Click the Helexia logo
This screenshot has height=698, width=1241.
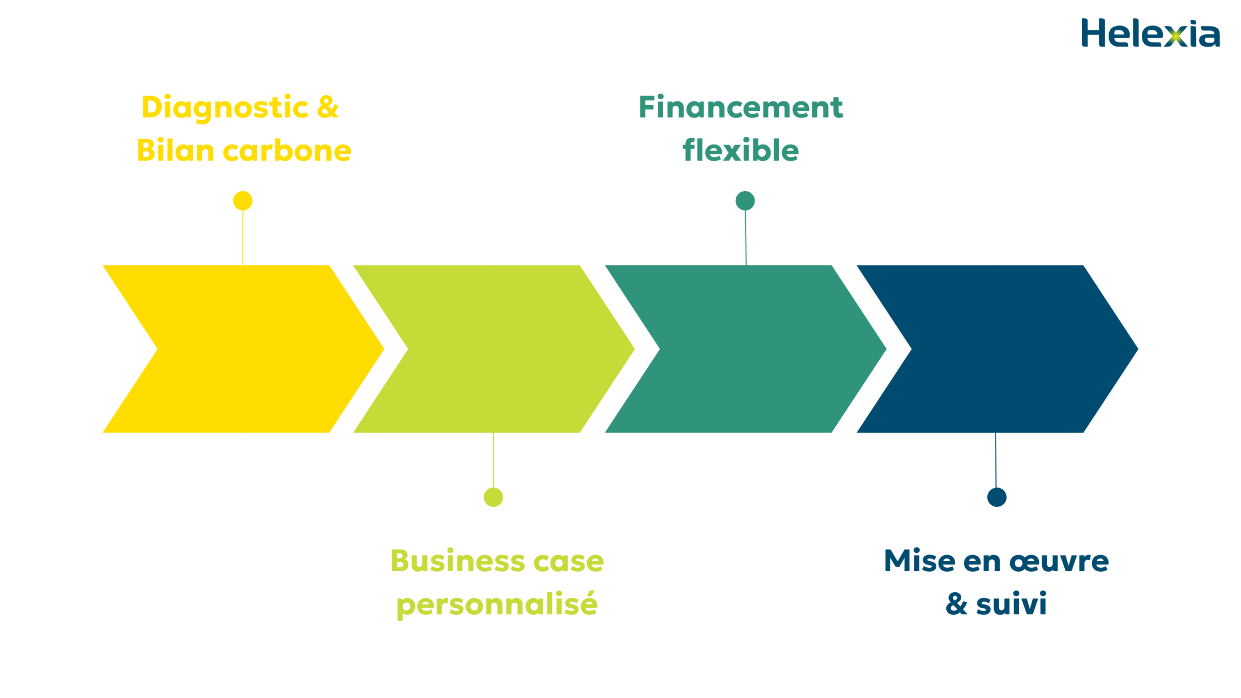click(1150, 33)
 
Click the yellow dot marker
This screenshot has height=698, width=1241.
click(243, 201)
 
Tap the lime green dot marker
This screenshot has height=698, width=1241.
click(493, 497)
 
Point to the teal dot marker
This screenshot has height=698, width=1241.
click(745, 201)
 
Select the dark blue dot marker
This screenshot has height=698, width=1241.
click(997, 497)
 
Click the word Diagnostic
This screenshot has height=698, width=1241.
click(224, 108)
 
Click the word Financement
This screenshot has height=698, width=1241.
click(740, 107)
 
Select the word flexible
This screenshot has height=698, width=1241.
click(740, 150)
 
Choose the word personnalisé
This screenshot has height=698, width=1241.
click(497, 604)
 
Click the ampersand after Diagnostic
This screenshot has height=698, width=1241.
click(327, 107)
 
